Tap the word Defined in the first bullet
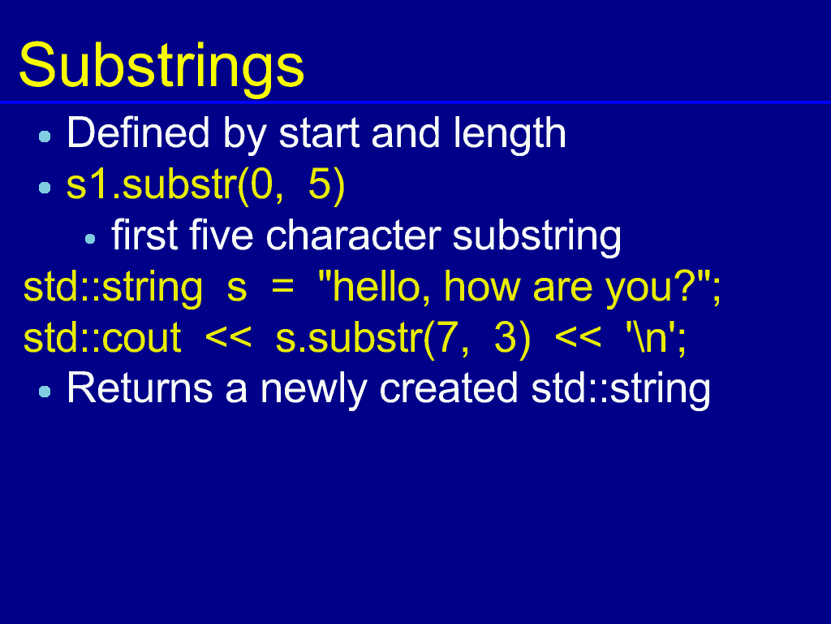click(x=138, y=132)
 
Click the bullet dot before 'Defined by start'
click(x=45, y=136)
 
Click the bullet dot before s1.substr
click(x=45, y=188)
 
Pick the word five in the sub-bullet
click(x=221, y=235)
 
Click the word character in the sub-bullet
click(x=354, y=235)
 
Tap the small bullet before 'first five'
click(x=90, y=239)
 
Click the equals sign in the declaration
click(x=282, y=288)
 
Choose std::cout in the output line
click(x=103, y=337)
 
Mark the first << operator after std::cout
click(x=228, y=337)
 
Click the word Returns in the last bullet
click(x=140, y=388)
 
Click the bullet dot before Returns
click(x=45, y=392)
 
